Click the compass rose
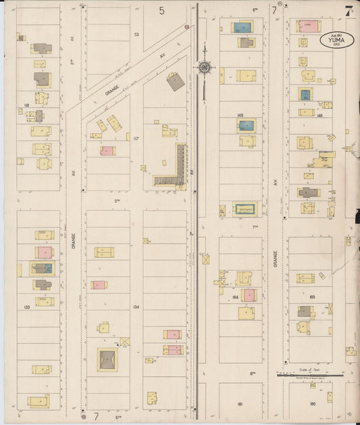click(205, 67)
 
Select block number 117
click(136, 139)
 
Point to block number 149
click(240, 116)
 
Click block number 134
click(136, 307)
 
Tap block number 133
click(26, 307)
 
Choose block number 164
click(235, 297)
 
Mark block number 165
click(312, 297)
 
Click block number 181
click(240, 403)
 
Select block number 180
click(313, 403)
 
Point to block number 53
click(136, 34)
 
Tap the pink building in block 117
click(107, 151)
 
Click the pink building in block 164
click(249, 295)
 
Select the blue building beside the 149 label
click(247, 126)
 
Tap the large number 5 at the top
click(162, 10)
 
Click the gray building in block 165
click(304, 311)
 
